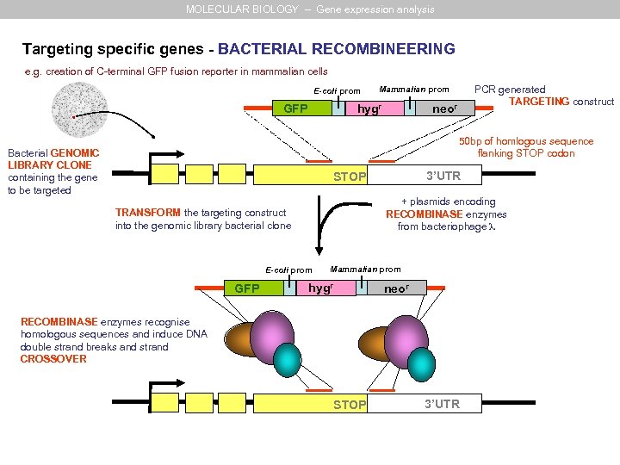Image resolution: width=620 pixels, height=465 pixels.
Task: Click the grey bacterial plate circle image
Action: (x=77, y=109)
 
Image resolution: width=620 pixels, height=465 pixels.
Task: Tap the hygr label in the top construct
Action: (x=370, y=109)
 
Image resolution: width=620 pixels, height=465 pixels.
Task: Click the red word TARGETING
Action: (x=539, y=102)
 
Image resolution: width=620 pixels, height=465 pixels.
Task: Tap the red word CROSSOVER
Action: (x=53, y=359)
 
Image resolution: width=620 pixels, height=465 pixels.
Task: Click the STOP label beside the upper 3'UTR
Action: (x=350, y=177)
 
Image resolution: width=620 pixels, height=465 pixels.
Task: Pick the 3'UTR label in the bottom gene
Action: (x=443, y=404)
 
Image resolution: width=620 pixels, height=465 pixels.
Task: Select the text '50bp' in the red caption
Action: (x=472, y=141)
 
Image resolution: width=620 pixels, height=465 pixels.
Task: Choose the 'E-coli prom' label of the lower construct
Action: (x=289, y=270)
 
